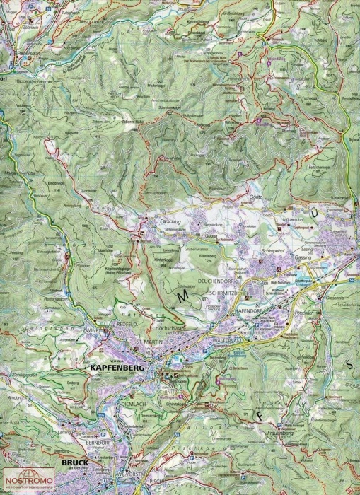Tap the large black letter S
click(348, 363)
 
